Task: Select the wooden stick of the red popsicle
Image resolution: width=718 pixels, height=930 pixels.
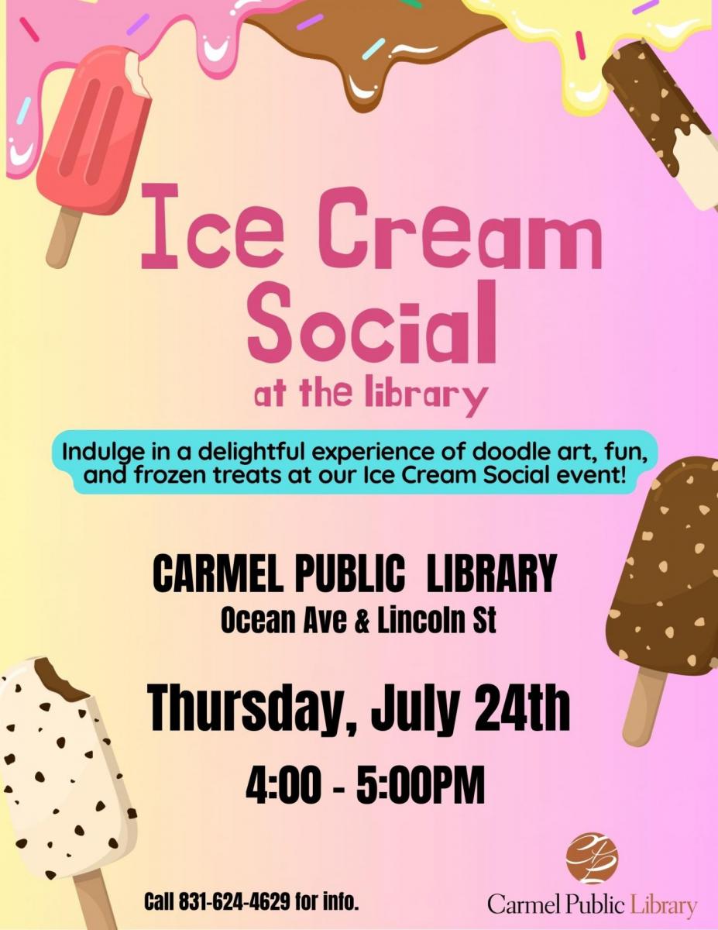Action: point(64,238)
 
